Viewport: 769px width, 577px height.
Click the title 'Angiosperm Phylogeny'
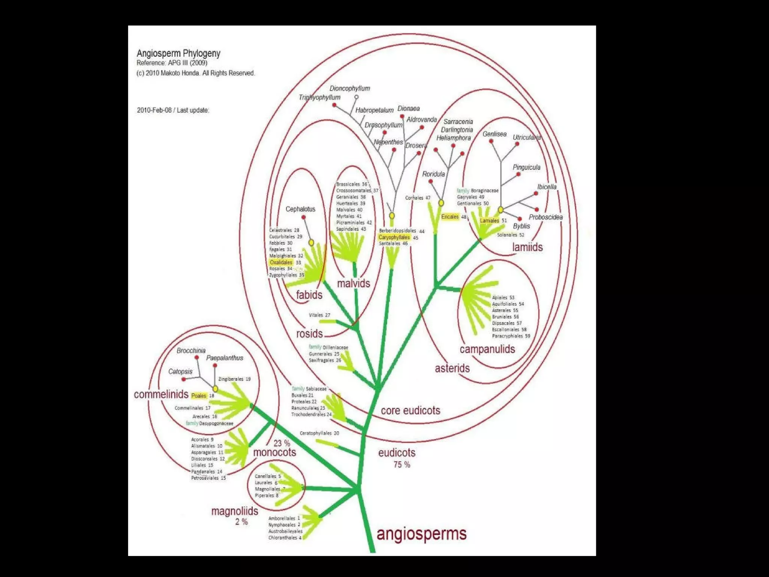178,53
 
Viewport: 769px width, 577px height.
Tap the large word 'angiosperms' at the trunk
421,534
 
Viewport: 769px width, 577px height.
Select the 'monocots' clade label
274,452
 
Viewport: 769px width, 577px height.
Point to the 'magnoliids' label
235,511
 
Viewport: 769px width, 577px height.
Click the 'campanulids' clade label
487,349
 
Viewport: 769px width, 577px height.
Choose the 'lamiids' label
527,247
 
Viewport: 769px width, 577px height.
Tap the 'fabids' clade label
309,295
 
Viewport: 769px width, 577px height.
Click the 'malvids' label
353,283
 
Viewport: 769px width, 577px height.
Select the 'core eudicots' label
410,411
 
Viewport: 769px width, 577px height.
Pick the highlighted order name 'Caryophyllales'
394,237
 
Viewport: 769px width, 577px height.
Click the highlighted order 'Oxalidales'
281,262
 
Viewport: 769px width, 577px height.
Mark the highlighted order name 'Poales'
199,396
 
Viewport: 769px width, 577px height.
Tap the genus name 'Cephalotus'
300,209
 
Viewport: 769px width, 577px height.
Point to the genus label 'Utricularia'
527,137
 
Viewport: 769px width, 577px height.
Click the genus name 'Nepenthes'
388,142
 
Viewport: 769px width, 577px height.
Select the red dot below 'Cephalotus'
303,217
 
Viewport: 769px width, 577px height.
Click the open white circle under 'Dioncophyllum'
356,97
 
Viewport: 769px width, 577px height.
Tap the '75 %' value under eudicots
402,465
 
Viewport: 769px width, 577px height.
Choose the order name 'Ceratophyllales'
316,433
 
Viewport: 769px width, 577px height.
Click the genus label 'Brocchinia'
191,351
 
